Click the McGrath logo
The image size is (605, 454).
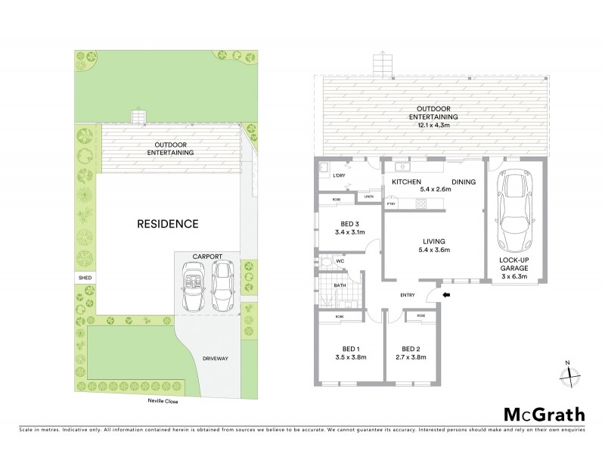tap(544, 414)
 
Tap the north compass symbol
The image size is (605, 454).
tap(572, 375)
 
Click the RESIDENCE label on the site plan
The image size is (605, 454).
tap(168, 224)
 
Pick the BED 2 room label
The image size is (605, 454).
tap(411, 349)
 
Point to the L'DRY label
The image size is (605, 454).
tap(339, 176)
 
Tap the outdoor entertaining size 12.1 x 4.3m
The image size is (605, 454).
tap(433, 126)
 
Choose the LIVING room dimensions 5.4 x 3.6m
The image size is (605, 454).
tap(433, 250)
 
